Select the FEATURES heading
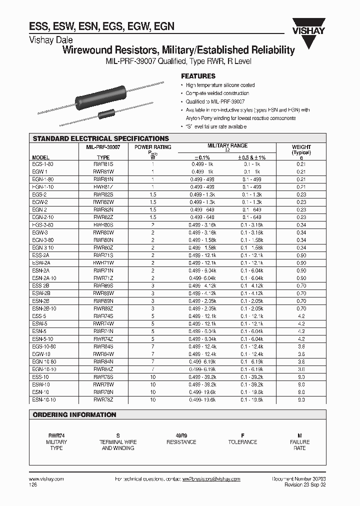tap(198, 76)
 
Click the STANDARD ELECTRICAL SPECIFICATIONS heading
tap(100, 138)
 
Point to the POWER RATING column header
tap(153, 147)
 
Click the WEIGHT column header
tap(301, 147)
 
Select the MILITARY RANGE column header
tap(227, 145)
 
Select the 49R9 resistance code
tap(181, 435)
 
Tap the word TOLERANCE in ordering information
tap(242, 442)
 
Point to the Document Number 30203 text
tap(298, 479)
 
